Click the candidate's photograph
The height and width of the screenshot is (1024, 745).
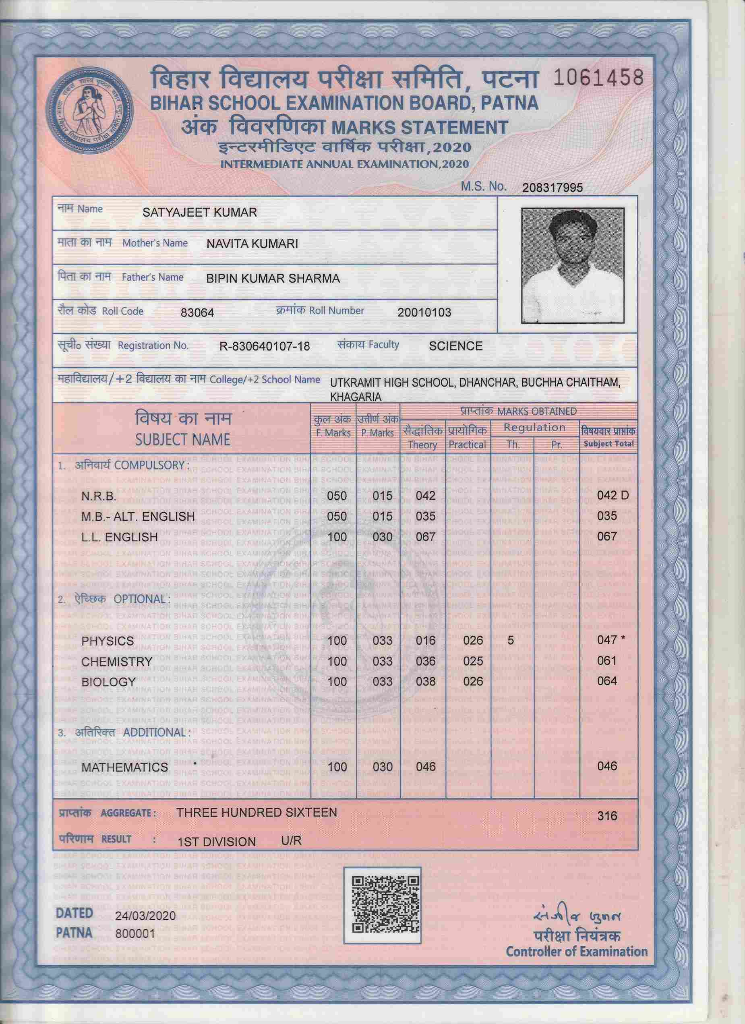(573, 265)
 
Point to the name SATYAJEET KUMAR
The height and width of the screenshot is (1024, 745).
(200, 212)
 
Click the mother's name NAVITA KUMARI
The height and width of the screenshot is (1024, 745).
(252, 244)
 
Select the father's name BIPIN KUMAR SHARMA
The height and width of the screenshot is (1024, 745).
(273, 279)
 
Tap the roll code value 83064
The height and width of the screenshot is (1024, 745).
(197, 312)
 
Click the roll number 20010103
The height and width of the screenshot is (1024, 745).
(424, 312)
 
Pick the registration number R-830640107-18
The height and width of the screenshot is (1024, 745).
(265, 346)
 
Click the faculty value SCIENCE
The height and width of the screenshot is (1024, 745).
(455, 346)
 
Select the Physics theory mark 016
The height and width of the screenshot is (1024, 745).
(426, 641)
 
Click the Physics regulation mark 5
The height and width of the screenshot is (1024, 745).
(511, 640)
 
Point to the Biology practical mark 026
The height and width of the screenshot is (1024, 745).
(473, 681)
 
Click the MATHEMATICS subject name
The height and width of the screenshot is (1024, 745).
(124, 767)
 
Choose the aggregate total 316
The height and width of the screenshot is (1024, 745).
(607, 816)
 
